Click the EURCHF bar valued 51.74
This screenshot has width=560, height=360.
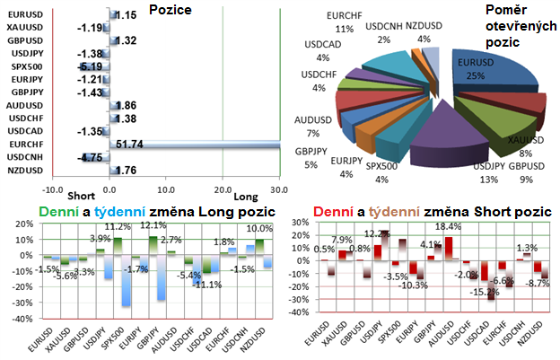pos(193,143)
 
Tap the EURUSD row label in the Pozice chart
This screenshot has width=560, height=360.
pos(26,15)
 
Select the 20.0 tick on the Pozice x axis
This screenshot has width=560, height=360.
pos(223,189)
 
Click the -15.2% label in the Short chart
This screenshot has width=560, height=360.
pos(486,291)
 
